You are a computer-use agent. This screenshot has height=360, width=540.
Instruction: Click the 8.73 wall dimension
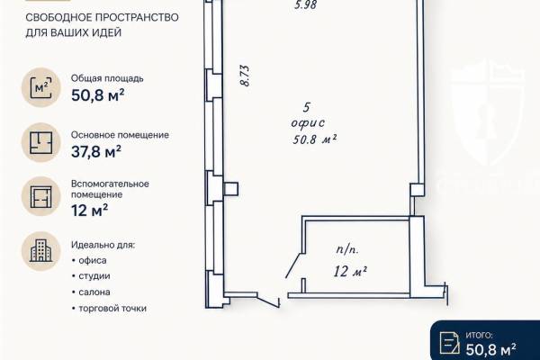point(245,76)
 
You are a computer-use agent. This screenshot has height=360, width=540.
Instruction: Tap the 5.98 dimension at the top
point(305,4)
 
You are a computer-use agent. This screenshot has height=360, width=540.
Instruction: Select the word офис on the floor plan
point(308,123)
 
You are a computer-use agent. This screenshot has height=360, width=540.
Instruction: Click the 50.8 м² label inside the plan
point(314,139)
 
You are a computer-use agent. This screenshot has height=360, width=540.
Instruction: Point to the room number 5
point(306,107)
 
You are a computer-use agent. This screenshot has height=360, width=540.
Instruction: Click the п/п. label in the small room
point(347,249)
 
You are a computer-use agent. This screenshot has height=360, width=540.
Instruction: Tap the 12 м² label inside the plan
point(350,272)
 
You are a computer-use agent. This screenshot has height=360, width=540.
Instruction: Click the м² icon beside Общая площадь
point(41,87)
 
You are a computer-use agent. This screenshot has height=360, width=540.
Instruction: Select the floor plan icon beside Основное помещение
point(41,142)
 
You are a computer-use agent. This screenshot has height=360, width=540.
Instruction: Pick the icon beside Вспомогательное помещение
point(41,197)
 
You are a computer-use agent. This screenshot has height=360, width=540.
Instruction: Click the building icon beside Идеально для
point(41,251)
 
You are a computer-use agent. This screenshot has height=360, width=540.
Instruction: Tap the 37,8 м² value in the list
point(96,151)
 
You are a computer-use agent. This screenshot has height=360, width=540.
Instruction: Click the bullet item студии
point(94,276)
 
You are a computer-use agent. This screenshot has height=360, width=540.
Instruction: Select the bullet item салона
point(94,292)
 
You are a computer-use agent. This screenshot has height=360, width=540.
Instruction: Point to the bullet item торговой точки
point(112,308)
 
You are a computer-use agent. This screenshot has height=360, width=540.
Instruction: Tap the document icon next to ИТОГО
point(449,343)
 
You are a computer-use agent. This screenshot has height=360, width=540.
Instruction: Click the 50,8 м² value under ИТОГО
point(491,349)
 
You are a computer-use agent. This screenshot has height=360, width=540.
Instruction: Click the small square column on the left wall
point(231,189)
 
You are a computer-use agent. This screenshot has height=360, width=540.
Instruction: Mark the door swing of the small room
point(293,265)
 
